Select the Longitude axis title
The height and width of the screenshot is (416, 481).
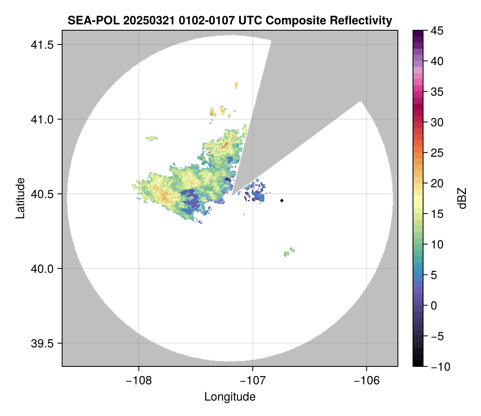coord(230,396)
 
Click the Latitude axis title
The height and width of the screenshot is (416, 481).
coord(20,198)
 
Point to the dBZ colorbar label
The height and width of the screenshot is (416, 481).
coord(462,198)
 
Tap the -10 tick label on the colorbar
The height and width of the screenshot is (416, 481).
coord(437,367)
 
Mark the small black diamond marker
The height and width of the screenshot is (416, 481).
coord(282,200)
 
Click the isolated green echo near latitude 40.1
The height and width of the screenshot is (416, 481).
coord(288,253)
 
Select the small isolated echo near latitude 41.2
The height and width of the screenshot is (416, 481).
coord(237,85)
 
